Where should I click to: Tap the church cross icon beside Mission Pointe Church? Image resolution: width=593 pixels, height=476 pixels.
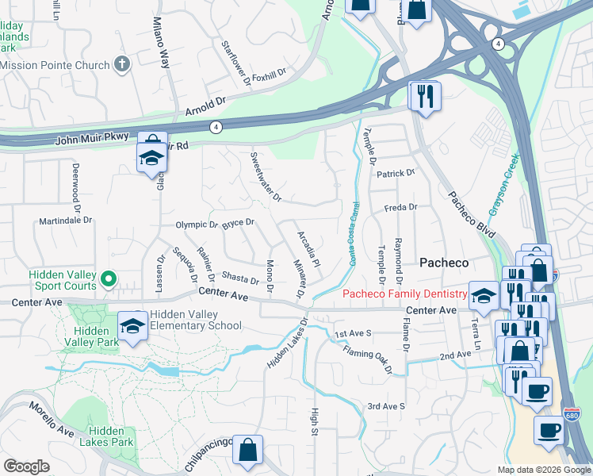[122, 63]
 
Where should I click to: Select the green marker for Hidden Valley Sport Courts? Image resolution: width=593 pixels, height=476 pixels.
[109, 279]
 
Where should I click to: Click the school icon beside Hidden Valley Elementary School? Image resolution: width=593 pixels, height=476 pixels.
[132, 325]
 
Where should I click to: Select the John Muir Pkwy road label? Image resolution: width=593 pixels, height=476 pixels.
[92, 140]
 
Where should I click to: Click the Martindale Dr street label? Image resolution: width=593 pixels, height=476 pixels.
[66, 221]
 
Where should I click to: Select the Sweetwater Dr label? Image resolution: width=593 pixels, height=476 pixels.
[266, 176]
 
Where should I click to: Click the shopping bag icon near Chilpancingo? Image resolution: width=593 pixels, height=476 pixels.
[248, 449]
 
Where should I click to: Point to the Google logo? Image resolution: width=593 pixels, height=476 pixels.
[26, 466]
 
